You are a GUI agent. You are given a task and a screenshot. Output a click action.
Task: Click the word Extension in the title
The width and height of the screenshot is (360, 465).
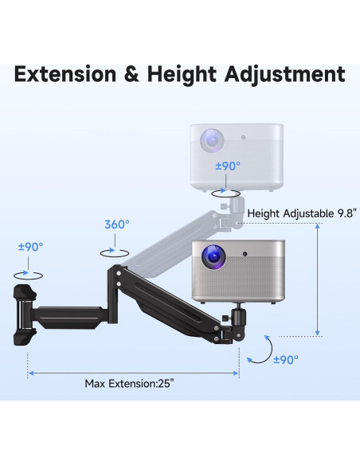(65, 74)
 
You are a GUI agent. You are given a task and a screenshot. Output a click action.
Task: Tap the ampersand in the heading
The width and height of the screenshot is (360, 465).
(131, 74)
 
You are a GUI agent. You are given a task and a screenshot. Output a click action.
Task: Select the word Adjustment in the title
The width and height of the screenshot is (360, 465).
(284, 75)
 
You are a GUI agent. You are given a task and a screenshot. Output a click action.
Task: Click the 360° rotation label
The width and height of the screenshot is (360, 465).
(117, 225)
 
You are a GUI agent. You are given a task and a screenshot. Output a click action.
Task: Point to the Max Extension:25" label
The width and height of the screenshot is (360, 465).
(129, 384)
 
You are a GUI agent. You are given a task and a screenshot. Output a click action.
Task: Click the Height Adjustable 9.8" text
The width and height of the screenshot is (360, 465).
(302, 213)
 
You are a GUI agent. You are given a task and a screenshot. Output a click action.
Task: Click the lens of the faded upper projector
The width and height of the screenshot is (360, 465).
(212, 141)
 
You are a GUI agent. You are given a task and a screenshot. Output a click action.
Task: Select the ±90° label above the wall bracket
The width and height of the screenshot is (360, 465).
(30, 247)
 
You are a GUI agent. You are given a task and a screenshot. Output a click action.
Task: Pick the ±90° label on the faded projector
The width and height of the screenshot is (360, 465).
(228, 166)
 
